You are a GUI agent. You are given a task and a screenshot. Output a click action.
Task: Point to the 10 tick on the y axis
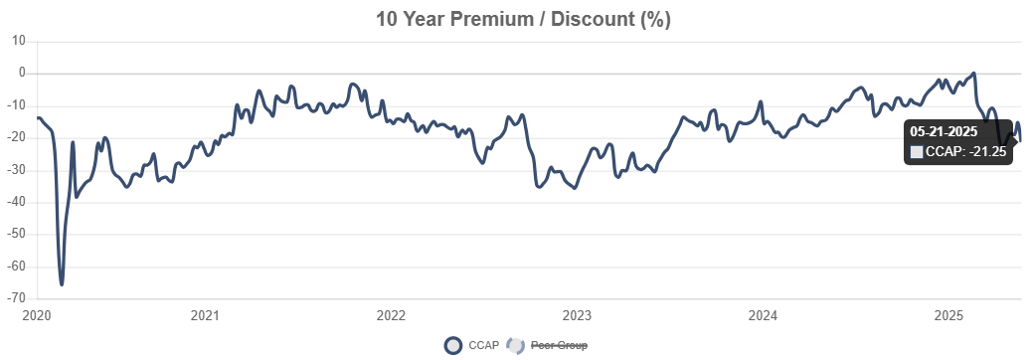(x=18, y=41)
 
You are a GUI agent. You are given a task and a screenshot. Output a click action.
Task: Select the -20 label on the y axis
(x=16, y=138)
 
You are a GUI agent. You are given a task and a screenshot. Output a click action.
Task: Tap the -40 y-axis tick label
(x=16, y=203)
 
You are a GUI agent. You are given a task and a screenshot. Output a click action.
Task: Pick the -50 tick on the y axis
(x=16, y=235)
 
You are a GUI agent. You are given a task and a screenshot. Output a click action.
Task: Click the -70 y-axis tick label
(x=16, y=299)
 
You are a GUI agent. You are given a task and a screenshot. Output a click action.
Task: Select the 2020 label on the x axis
(x=36, y=316)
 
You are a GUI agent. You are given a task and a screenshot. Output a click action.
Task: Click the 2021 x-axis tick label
(x=205, y=316)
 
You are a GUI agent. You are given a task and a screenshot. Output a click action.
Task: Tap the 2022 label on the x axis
(x=391, y=316)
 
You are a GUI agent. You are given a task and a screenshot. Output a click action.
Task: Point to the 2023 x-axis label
(x=577, y=316)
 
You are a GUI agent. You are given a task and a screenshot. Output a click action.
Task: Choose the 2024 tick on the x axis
(x=763, y=316)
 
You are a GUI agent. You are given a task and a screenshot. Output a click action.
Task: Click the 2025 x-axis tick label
(x=949, y=316)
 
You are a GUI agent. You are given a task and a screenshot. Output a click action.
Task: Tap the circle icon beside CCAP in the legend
(x=453, y=346)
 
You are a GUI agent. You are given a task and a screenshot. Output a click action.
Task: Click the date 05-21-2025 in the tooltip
(x=944, y=131)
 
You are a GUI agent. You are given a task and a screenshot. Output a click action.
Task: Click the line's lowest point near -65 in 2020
(x=62, y=284)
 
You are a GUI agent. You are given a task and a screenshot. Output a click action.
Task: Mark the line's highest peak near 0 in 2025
(x=973, y=73)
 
